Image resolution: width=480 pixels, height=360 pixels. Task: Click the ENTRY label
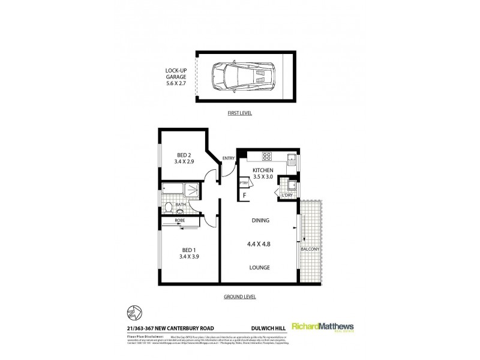(x=229, y=158)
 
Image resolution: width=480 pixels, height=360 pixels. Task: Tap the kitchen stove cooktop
(x=266, y=158)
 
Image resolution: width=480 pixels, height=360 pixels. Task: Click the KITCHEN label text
(x=263, y=170)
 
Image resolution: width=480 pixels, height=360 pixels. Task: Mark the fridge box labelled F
(x=245, y=196)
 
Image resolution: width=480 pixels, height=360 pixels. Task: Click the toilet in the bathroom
(x=169, y=208)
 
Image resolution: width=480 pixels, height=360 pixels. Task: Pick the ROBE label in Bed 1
(x=180, y=221)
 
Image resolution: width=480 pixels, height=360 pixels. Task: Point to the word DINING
(x=260, y=220)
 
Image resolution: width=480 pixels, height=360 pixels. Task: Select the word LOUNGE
(x=260, y=267)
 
